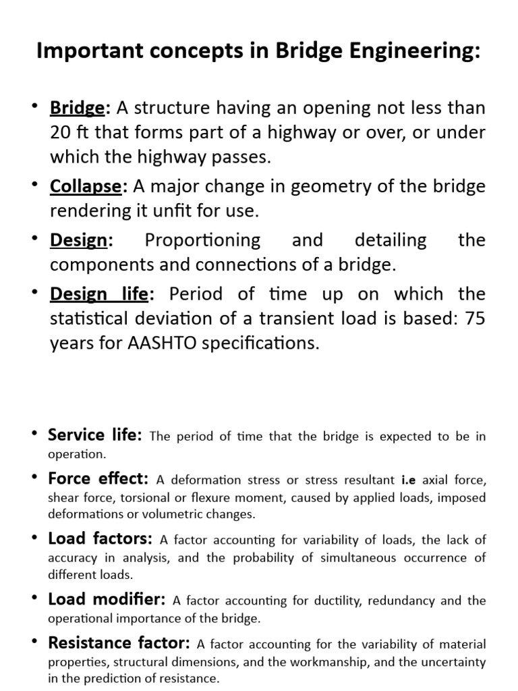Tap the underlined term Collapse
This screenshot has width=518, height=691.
pyautogui.click(x=85, y=186)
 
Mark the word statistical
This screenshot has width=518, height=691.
pyautogui.click(x=90, y=318)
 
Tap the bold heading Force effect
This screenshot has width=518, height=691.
pyautogui.click(x=98, y=478)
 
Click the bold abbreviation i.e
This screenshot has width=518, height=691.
pyautogui.click(x=409, y=480)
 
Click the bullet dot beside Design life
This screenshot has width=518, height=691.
pyautogui.click(x=35, y=292)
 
